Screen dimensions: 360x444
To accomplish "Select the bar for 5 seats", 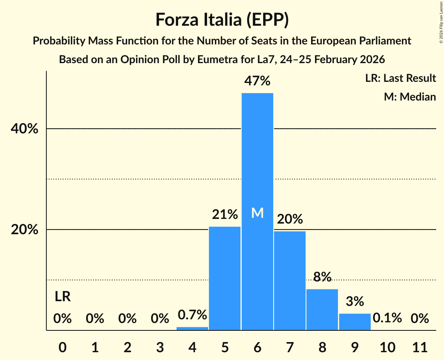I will point(225,278).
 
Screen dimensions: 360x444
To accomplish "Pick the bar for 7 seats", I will point(290,281).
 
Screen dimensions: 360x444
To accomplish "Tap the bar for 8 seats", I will point(322,309).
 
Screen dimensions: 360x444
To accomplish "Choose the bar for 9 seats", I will point(354,322).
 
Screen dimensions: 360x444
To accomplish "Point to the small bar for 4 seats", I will point(193,328).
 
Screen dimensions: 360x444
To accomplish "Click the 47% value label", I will point(257,81).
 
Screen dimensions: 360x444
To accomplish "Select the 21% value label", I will point(225,214).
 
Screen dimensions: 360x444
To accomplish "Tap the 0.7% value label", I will point(193,315).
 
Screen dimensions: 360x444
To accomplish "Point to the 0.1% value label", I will point(387,318).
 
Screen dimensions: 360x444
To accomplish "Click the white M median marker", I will point(257,213).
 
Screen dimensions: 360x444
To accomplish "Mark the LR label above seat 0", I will point(62,297).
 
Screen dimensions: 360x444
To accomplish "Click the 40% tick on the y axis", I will point(25,129).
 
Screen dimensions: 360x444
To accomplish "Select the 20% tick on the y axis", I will point(25,230).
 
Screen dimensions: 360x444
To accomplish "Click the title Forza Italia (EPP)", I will point(222,20).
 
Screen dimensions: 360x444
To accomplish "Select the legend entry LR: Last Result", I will point(400,78).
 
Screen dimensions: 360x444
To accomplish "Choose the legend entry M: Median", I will point(410,97).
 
